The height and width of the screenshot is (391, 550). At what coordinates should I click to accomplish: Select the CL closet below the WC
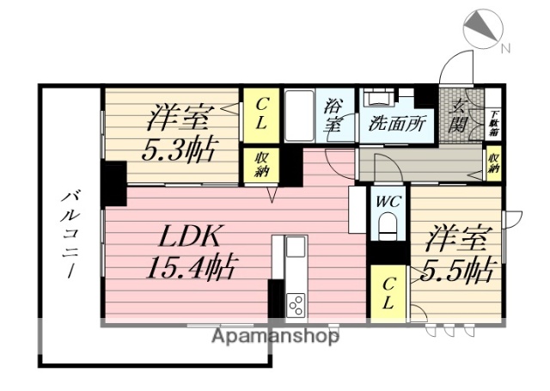pyautogui.click(x=388, y=291)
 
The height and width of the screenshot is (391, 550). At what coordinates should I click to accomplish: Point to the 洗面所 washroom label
pyautogui.click(x=396, y=124)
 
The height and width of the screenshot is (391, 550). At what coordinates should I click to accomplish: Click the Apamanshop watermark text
pyautogui.click(x=275, y=336)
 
